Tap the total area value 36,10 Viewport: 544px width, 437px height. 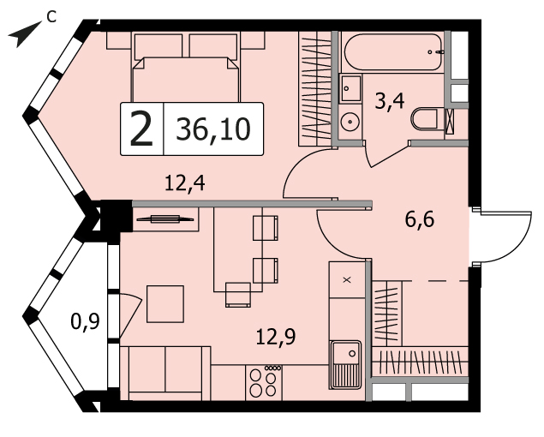click(213, 129)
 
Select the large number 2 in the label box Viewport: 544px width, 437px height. click(141, 129)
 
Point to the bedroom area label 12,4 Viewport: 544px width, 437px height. click(185, 183)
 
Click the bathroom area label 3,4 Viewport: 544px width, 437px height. click(390, 102)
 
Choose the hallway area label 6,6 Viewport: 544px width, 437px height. click(420, 219)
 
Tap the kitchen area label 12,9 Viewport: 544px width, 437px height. click(276, 337)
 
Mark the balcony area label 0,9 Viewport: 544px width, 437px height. click(85, 321)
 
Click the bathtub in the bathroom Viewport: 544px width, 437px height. click(393, 52)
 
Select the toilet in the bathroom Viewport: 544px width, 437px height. click(426, 119)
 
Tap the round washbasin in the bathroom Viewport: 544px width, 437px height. click(350, 122)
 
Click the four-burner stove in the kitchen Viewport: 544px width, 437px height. click(264, 382)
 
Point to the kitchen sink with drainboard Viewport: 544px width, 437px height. click(345, 364)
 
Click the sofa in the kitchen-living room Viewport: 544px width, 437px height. click(165, 373)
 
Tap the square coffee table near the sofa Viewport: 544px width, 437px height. click(165, 304)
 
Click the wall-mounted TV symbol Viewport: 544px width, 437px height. click(165, 219)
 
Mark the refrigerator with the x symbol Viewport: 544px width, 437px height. click(347, 279)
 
